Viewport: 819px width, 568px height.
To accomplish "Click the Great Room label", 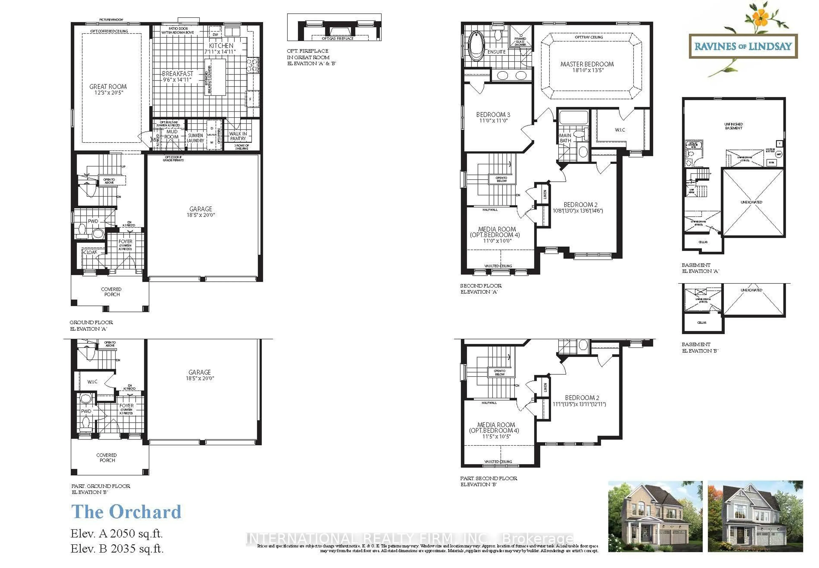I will [108, 87].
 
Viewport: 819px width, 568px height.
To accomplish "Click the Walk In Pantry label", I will [238, 136].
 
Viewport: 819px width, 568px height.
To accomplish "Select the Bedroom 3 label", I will [493, 114].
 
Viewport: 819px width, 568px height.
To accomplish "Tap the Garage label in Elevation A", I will [200, 209].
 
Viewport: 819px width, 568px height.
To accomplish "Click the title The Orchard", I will [126, 512].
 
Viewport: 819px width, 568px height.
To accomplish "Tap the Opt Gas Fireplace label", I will [337, 38].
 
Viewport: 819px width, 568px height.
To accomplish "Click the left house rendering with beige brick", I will [655, 516].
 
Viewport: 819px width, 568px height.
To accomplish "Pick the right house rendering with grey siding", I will [755, 516].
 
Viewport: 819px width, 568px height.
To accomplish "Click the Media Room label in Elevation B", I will [496, 425].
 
